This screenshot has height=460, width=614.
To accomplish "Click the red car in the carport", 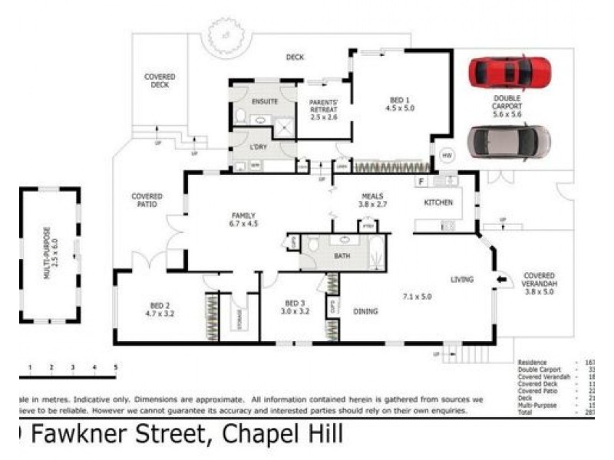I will [x=510, y=72].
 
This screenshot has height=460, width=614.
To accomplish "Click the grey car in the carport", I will [x=510, y=141].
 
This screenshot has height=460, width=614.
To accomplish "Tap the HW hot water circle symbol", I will [x=447, y=156].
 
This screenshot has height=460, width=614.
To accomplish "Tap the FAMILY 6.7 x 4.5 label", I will [x=243, y=220].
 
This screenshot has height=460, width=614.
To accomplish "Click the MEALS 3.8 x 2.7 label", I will [x=372, y=200].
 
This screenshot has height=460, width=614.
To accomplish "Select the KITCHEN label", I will [x=438, y=202].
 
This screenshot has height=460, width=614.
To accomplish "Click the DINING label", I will [x=365, y=312].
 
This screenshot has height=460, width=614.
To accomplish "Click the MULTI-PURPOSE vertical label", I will [x=48, y=253].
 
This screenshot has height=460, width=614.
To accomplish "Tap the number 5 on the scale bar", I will [x=115, y=368].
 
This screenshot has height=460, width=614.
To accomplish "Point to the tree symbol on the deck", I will [x=224, y=36].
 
